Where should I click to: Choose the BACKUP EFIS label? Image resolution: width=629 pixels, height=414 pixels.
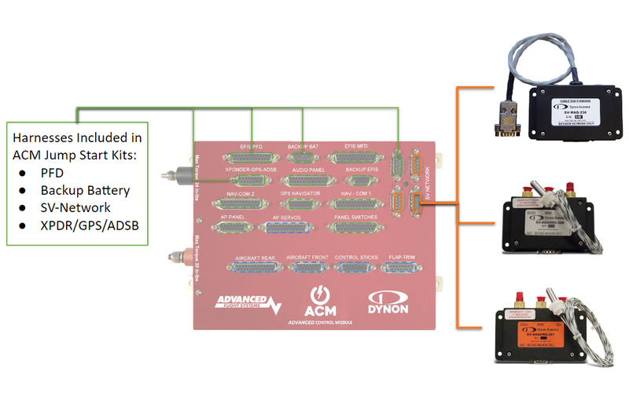coord(362,170)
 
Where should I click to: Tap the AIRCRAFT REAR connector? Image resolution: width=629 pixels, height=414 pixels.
coord(253,268)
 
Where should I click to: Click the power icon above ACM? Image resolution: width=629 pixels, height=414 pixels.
coord(320,296)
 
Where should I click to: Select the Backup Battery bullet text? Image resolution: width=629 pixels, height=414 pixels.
coord(86,190)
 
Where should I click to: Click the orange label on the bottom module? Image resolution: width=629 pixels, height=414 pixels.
coord(543,339)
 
